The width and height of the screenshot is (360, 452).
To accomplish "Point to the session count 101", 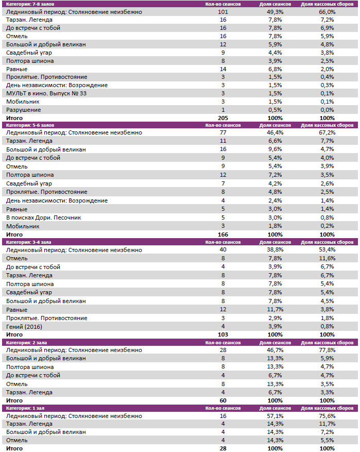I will [x=223, y=11].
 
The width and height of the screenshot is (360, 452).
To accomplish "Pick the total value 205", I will [x=223, y=118].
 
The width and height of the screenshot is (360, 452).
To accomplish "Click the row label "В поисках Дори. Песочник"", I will [x=44, y=217].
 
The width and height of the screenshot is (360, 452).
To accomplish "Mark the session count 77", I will [x=223, y=132].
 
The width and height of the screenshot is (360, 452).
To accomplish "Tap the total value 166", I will [x=223, y=235].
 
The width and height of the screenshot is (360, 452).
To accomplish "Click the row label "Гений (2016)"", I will [x=24, y=326].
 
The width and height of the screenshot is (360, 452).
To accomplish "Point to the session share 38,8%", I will [x=275, y=250].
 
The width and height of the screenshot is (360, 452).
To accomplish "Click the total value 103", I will [x=223, y=334].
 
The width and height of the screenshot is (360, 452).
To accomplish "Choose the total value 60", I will [x=223, y=400].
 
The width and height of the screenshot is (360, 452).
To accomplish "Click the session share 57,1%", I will [x=275, y=415].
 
